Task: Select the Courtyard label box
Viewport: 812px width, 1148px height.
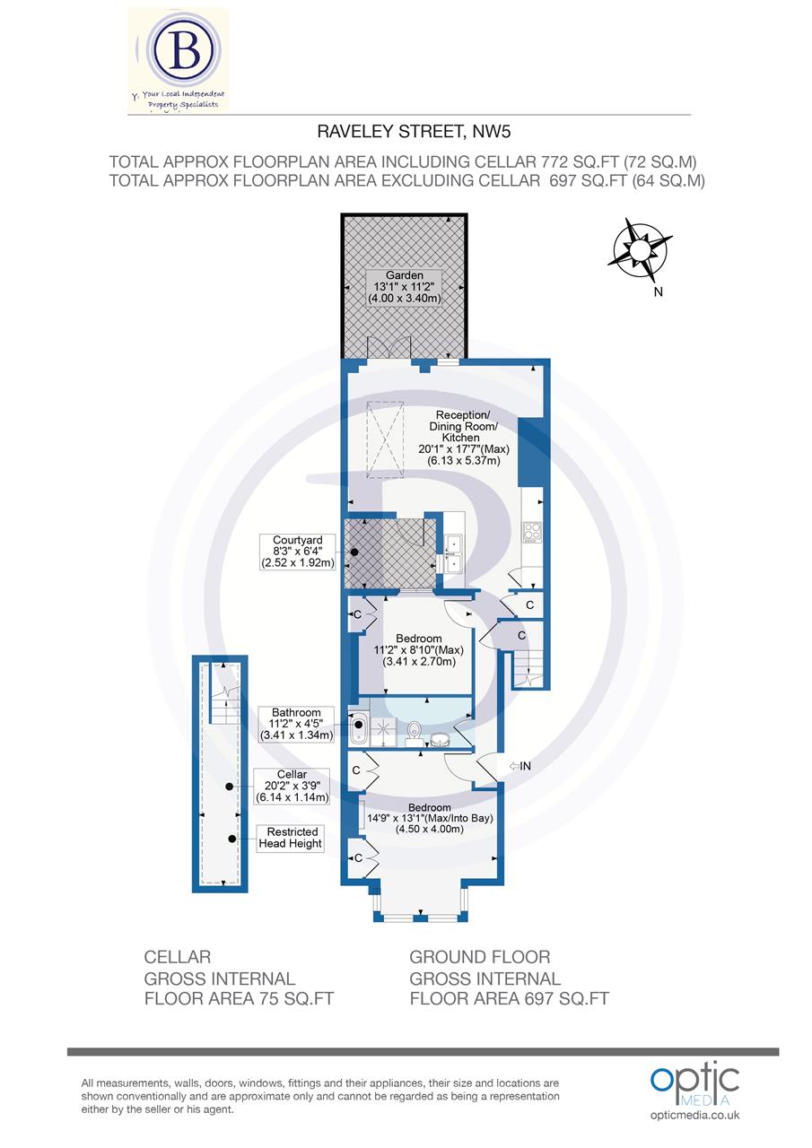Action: (296, 552)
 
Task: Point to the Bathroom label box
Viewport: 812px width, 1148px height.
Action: (296, 724)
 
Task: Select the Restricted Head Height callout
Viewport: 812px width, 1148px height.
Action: (290, 838)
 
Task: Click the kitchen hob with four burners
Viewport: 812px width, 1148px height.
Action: (531, 533)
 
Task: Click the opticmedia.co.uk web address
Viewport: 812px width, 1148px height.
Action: (694, 1115)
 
